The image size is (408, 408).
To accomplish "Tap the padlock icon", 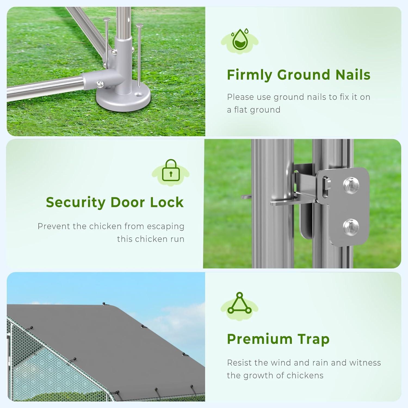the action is [x=171, y=170].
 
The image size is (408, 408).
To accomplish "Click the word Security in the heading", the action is [x=76, y=203].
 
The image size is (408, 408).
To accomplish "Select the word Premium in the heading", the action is [x=259, y=339].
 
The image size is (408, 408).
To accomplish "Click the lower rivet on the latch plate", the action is [x=351, y=227].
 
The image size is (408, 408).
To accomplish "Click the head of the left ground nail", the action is [x=106, y=19].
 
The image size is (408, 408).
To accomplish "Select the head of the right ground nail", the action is [x=140, y=26].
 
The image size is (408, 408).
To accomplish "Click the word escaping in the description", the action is [x=166, y=227].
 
